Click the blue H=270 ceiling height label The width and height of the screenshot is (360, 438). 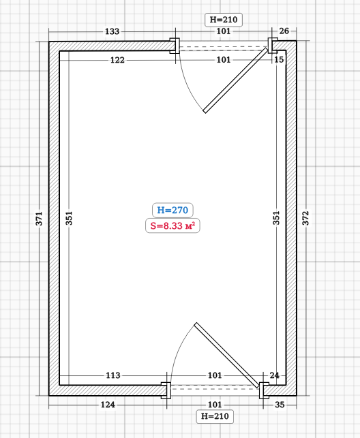click(x=172, y=210)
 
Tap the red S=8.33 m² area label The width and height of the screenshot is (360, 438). click(x=172, y=225)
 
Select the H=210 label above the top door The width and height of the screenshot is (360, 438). click(x=224, y=20)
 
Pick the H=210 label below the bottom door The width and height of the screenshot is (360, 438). click(x=215, y=416)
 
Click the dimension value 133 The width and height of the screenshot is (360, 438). click(x=112, y=31)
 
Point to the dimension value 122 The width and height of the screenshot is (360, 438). click(x=117, y=60)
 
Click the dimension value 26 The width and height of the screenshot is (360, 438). click(x=284, y=31)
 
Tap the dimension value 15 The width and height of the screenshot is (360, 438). click(x=279, y=59)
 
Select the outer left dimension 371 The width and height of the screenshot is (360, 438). click(x=39, y=219)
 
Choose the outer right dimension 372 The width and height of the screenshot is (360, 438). click(x=305, y=218)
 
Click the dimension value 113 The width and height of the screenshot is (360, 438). click(x=113, y=375)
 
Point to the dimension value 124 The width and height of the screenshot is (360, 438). click(x=108, y=405)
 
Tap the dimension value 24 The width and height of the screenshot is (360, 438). click(x=274, y=375)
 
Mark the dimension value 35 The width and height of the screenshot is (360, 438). click(x=280, y=405)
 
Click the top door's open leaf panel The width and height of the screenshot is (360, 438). click(x=235, y=80)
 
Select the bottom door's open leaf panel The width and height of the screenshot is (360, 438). click(x=227, y=355)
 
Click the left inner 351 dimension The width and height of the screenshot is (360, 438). click(x=69, y=218)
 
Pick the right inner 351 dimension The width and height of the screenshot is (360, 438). click(x=276, y=218)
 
